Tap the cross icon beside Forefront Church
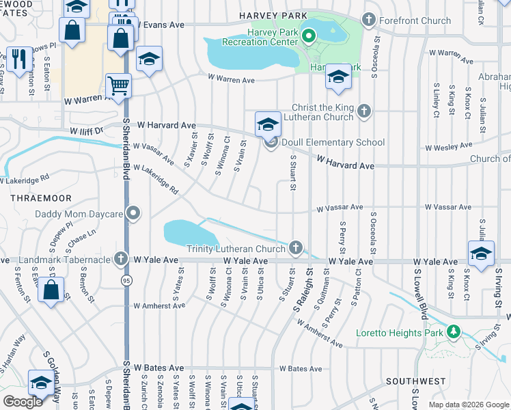point(369,20)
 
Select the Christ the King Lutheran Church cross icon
point(364,111)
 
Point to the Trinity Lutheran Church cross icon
point(295,248)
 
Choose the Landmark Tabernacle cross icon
point(120,260)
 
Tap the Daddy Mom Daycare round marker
point(134,214)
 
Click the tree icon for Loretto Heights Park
point(452,333)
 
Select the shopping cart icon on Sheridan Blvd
point(118,87)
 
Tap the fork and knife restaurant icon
point(18,60)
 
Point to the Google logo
point(23,401)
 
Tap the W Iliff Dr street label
point(85,130)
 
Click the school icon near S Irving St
point(482,255)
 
